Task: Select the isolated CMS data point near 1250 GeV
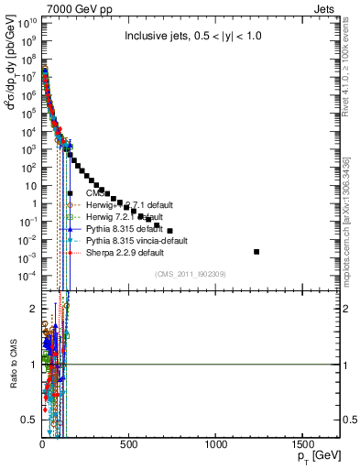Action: [x=256, y=251]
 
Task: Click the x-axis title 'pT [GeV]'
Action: [x=314, y=456]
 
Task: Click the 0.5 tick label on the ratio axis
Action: [x=28, y=419]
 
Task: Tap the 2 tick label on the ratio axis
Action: [x=32, y=310]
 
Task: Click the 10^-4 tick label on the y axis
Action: [x=27, y=276]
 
